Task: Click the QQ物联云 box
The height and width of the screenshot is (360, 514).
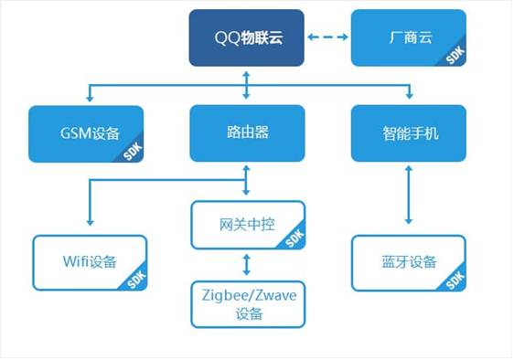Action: [247, 38]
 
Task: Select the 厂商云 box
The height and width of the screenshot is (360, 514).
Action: [408, 38]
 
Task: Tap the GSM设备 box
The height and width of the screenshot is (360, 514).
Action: [86, 133]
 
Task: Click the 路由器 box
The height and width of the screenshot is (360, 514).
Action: [247, 133]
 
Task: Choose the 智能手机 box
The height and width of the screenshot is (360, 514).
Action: [408, 133]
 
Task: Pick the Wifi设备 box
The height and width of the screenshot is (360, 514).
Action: [89, 263]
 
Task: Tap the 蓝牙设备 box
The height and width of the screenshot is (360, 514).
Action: [408, 263]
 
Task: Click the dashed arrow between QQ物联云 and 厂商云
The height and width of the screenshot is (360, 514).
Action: [328, 38]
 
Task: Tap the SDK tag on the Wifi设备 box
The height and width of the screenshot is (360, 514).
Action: [135, 281]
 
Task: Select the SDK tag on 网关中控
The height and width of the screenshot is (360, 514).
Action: [294, 239]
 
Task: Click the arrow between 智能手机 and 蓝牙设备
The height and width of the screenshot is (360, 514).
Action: [408, 197]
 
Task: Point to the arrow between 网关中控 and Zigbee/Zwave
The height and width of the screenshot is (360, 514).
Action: [247, 266]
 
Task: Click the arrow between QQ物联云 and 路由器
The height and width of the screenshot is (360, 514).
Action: [247, 84]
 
